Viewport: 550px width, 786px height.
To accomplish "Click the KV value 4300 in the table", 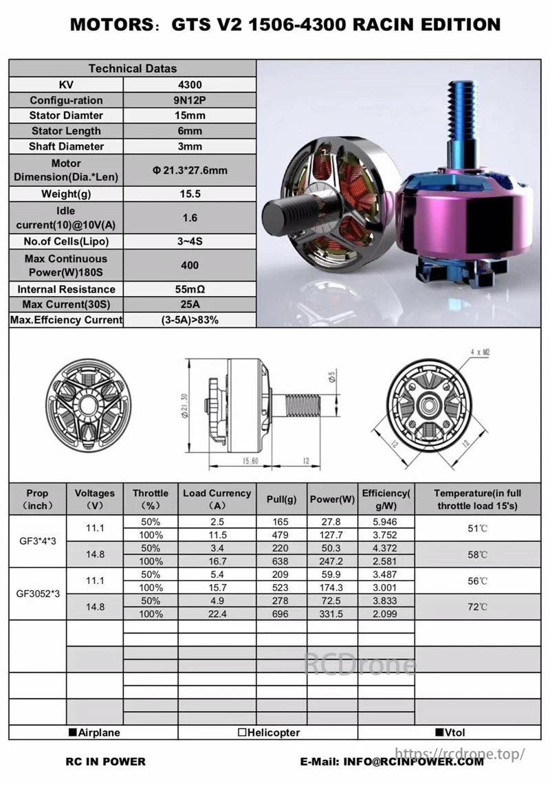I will click(x=189, y=85).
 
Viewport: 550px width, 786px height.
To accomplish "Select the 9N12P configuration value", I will click(x=189, y=100).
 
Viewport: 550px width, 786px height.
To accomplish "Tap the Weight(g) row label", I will click(x=66, y=194).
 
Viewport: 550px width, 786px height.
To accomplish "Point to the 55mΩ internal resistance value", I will click(x=189, y=289).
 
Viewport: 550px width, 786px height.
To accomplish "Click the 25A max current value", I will click(x=189, y=304).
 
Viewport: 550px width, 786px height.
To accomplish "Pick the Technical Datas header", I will click(x=133, y=68).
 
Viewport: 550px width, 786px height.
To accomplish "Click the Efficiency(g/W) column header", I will click(x=386, y=499).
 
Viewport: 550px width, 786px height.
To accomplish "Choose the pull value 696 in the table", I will click(x=280, y=614).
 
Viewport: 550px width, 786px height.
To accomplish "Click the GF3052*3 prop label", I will click(x=38, y=593).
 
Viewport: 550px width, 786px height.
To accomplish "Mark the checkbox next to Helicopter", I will click(x=242, y=732).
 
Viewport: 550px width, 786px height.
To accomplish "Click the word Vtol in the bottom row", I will click(x=454, y=732).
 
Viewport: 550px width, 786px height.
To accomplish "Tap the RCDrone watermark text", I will click(x=360, y=664).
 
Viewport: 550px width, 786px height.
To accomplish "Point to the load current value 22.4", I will click(x=217, y=614).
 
